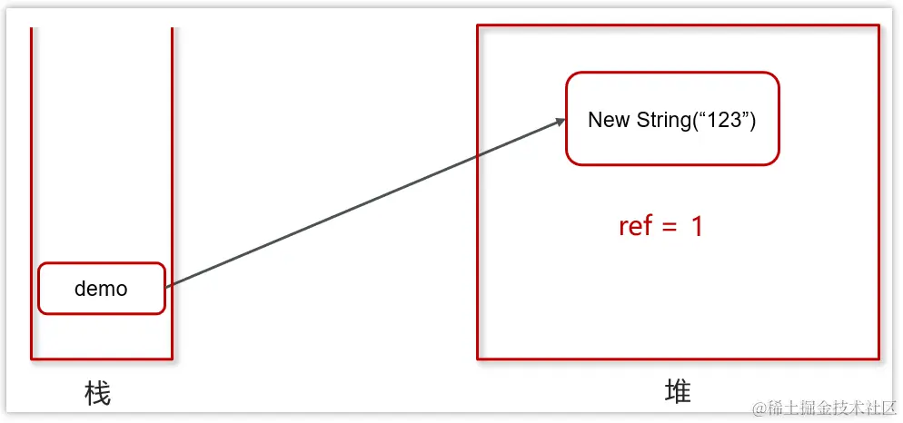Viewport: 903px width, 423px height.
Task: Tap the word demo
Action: [101, 289]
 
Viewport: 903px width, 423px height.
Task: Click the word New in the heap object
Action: [609, 120]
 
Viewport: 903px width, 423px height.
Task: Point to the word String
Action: [662, 120]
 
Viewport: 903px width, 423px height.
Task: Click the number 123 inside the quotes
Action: [724, 120]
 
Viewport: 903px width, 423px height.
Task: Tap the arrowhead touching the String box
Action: [559, 122]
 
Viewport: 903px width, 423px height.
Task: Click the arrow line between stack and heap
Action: [363, 204]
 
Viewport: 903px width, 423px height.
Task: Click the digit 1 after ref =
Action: [697, 226]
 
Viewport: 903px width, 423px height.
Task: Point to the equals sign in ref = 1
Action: [670, 227]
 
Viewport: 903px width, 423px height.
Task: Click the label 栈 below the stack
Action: [97, 393]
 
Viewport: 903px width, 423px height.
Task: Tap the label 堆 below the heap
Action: [678, 391]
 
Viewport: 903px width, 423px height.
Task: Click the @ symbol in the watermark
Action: [759, 408]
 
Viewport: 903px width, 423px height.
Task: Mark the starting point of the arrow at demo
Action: [168, 286]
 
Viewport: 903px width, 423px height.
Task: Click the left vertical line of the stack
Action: [32, 182]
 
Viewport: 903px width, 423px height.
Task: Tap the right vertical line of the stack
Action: [172, 182]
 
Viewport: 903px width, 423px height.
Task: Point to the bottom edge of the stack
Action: [102, 359]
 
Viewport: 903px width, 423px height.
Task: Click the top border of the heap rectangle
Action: [678, 25]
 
